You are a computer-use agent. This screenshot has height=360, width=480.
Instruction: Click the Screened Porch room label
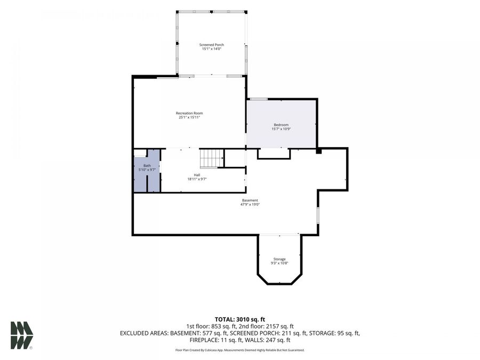pyautogui.click(x=212, y=45)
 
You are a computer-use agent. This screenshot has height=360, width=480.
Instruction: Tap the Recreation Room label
pyautogui.click(x=189, y=113)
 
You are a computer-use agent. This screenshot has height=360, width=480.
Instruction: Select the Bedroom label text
pyautogui.click(x=281, y=125)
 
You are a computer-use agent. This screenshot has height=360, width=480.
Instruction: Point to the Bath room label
pyautogui.click(x=147, y=166)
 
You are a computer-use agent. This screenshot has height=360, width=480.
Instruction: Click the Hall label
pyautogui.click(x=197, y=175)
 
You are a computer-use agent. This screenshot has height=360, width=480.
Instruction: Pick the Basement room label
pyautogui.click(x=250, y=201)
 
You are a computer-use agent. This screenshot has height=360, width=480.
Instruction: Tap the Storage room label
pyautogui.click(x=279, y=259)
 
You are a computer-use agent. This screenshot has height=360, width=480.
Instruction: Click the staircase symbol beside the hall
pyautogui.click(x=212, y=158)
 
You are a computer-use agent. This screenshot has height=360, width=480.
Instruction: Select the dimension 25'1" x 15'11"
pyautogui.click(x=189, y=117)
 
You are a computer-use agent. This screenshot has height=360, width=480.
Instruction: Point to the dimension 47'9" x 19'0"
pyautogui.click(x=250, y=204)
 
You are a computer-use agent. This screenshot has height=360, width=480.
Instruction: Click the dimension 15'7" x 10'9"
pyautogui.click(x=281, y=129)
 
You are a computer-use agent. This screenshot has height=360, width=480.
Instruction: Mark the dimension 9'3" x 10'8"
pyautogui.click(x=279, y=263)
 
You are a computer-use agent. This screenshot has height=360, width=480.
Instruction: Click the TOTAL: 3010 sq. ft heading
pyautogui.click(x=239, y=319)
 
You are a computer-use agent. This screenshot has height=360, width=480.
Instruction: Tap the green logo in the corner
pyautogui.click(x=22, y=335)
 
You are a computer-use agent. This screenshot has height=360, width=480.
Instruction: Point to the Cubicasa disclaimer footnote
pyautogui.click(x=239, y=350)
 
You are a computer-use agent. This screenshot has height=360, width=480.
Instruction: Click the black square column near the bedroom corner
pyautogui.click(x=319, y=150)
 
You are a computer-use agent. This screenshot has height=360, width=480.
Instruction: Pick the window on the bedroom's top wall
pyautogui.click(x=259, y=99)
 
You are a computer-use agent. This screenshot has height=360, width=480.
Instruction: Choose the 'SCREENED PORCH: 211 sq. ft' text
pyautogui.click(x=268, y=333)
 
